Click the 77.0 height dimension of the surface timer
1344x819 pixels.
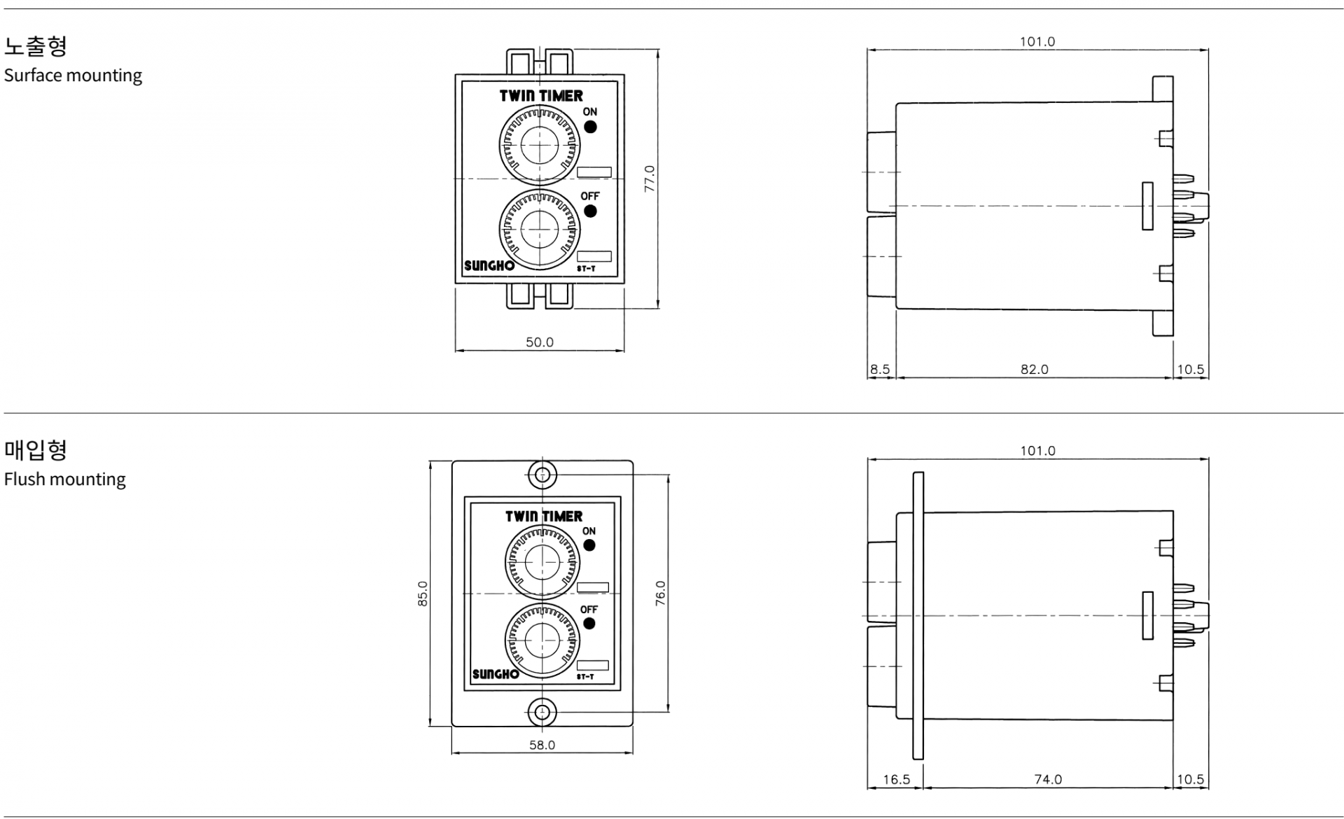pos(650,178)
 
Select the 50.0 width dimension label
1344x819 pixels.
pos(540,342)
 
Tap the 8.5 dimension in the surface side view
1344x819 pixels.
pos(880,369)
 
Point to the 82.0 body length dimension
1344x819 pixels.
pos(1034,369)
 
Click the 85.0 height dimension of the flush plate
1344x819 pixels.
pos(423,594)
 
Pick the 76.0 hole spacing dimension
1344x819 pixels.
pos(661,594)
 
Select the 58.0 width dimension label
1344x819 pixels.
pos(542,745)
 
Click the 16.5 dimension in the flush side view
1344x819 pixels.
pos(896,779)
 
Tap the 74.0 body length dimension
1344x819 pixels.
pos(1048,779)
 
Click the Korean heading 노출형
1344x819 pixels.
pos(36,46)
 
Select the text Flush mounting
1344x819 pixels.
pos(65,479)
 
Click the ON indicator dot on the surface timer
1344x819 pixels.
pos(591,127)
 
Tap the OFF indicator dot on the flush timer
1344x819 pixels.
pos(589,623)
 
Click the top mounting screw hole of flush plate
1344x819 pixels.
pos(542,475)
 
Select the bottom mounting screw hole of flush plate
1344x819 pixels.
pos(542,713)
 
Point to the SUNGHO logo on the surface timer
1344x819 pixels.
pos(489,265)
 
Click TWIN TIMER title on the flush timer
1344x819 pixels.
pos(544,517)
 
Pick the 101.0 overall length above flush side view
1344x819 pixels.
pos(1037,451)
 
